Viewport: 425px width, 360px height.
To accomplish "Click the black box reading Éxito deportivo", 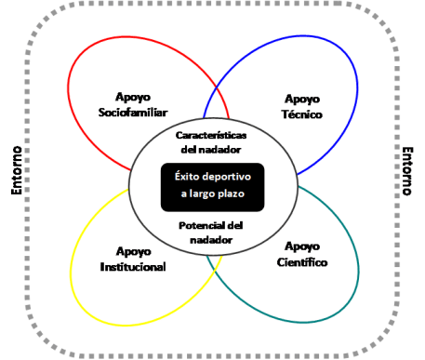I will (x=212, y=185).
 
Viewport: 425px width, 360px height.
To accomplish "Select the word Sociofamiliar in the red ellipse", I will (x=136, y=113).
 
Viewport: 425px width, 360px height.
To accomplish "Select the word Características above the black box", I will (x=212, y=135).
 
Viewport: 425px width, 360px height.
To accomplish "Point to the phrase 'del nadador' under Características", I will (x=212, y=149).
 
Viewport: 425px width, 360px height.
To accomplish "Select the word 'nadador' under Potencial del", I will (x=212, y=240).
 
